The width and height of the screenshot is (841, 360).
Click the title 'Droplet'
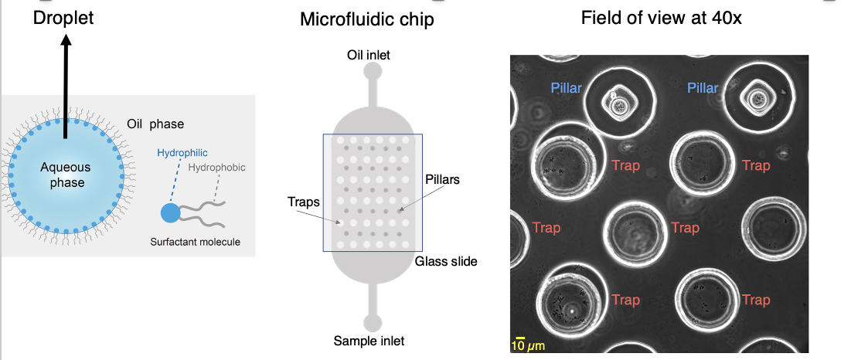(x=63, y=18)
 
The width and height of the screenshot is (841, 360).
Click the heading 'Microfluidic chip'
(x=367, y=19)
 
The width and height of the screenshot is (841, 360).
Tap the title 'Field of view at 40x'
(x=662, y=18)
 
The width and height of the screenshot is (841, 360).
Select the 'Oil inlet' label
(x=369, y=55)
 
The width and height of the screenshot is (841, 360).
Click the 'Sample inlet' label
(x=369, y=340)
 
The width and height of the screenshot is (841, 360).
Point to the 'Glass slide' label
(x=446, y=262)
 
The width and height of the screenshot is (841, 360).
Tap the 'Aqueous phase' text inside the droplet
(x=65, y=175)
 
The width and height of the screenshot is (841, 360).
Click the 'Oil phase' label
(x=155, y=124)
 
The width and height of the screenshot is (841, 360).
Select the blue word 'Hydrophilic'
(x=182, y=153)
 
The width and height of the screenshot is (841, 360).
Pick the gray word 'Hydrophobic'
(x=216, y=168)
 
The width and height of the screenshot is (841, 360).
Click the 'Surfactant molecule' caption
(x=196, y=242)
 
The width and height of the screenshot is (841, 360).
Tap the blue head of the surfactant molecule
(x=171, y=212)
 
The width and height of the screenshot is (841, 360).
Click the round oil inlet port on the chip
(x=373, y=71)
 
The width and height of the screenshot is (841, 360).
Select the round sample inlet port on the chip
(x=373, y=323)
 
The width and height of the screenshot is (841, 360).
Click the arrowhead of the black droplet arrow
(x=66, y=40)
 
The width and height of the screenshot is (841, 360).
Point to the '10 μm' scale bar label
(x=528, y=345)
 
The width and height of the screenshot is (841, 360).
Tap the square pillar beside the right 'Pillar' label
(x=758, y=99)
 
